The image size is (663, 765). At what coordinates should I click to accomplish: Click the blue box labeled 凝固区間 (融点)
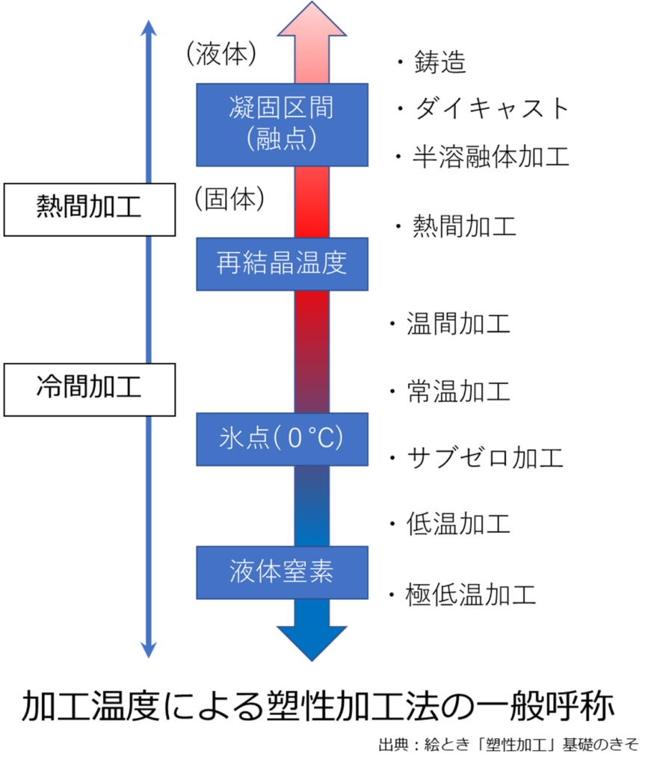coord(282,124)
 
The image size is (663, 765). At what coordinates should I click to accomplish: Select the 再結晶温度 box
coord(282,264)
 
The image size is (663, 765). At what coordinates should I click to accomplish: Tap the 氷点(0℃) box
coord(282,439)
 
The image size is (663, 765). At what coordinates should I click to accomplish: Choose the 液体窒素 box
coord(282,572)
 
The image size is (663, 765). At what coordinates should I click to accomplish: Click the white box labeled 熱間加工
coord(89,208)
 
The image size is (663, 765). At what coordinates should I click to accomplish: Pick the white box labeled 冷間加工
coord(89,388)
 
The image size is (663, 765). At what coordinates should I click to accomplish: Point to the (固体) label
coord(229,198)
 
